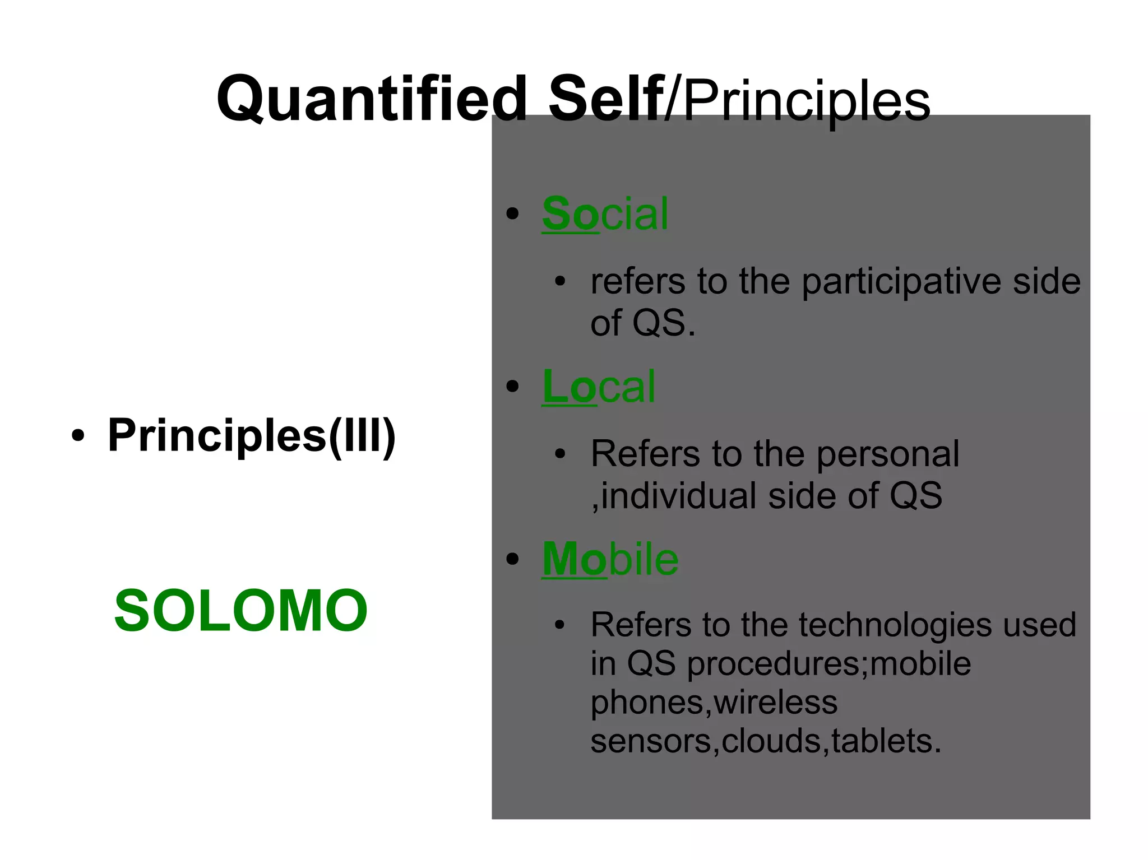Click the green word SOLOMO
pos(240,611)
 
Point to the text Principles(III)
pos(252,435)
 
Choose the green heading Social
pos(605,213)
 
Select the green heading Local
pos(598,387)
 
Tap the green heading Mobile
pos(610,559)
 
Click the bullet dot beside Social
pos(512,214)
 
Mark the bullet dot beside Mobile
pos(512,559)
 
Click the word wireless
pos(776,702)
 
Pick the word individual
pos(679,496)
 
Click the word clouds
pos(771,741)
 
